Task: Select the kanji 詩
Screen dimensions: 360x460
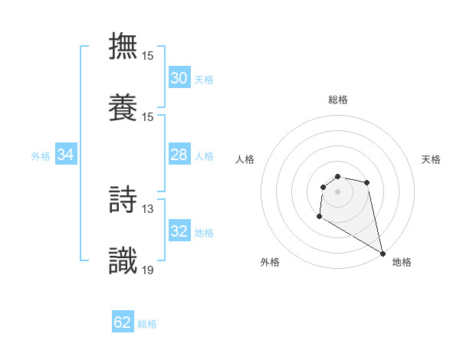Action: coord(123,198)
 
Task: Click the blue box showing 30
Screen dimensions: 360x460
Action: coord(179,77)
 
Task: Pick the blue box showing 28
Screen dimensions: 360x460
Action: coord(179,155)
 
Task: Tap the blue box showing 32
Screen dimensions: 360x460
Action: coord(179,231)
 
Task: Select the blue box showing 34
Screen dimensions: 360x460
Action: coord(66,155)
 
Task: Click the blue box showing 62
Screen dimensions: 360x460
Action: coord(123,322)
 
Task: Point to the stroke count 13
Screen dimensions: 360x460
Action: coord(148,208)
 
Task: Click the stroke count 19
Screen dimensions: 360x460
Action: coord(148,269)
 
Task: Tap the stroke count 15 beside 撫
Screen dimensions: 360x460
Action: coord(148,56)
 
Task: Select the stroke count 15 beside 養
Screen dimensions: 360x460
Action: coord(148,116)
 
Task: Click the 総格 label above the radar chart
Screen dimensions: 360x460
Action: coord(338,100)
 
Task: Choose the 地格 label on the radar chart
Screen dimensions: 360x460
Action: coord(402,262)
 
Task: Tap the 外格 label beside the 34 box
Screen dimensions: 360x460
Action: coord(41,156)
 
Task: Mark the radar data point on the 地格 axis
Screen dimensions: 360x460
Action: coord(383,254)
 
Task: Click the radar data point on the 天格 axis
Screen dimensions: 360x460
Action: coord(367,182)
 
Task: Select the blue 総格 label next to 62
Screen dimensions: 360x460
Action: coord(147,324)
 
